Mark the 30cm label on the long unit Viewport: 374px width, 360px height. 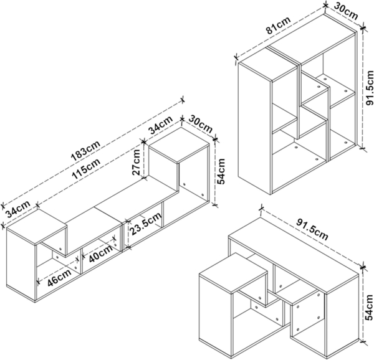pos(200,121)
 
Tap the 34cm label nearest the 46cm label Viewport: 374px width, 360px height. pos(17,206)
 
